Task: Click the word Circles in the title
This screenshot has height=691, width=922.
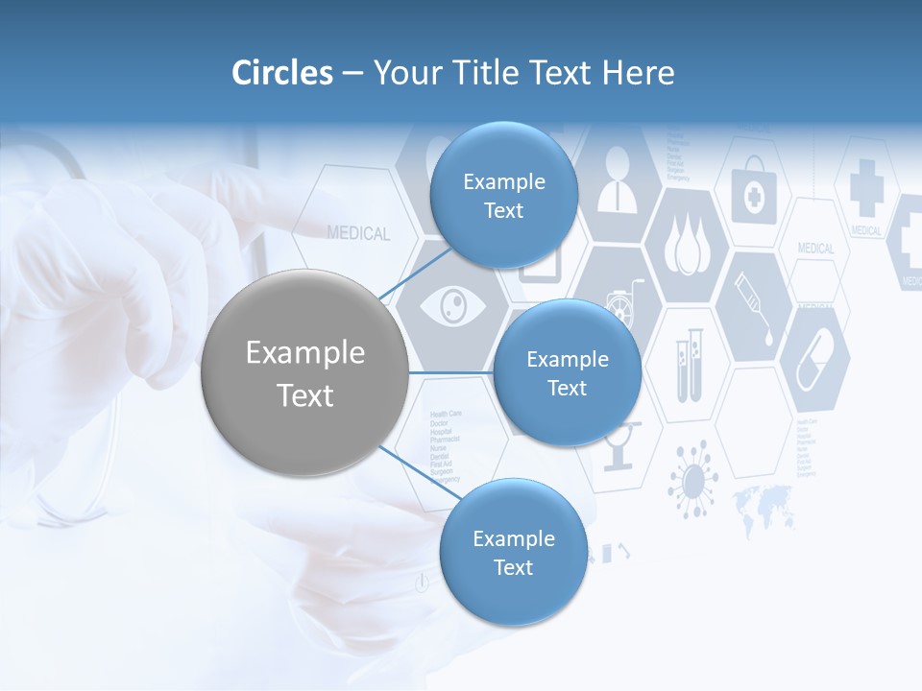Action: tap(282, 73)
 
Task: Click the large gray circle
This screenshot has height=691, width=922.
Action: tap(305, 373)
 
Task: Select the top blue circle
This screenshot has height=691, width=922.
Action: tap(503, 196)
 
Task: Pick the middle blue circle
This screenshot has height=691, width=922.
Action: tap(567, 373)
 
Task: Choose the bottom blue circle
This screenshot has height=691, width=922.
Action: tap(513, 553)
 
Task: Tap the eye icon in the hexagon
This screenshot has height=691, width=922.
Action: tap(451, 307)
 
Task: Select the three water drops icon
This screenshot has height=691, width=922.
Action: tap(684, 248)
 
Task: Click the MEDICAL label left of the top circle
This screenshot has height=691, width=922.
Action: tap(358, 233)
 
